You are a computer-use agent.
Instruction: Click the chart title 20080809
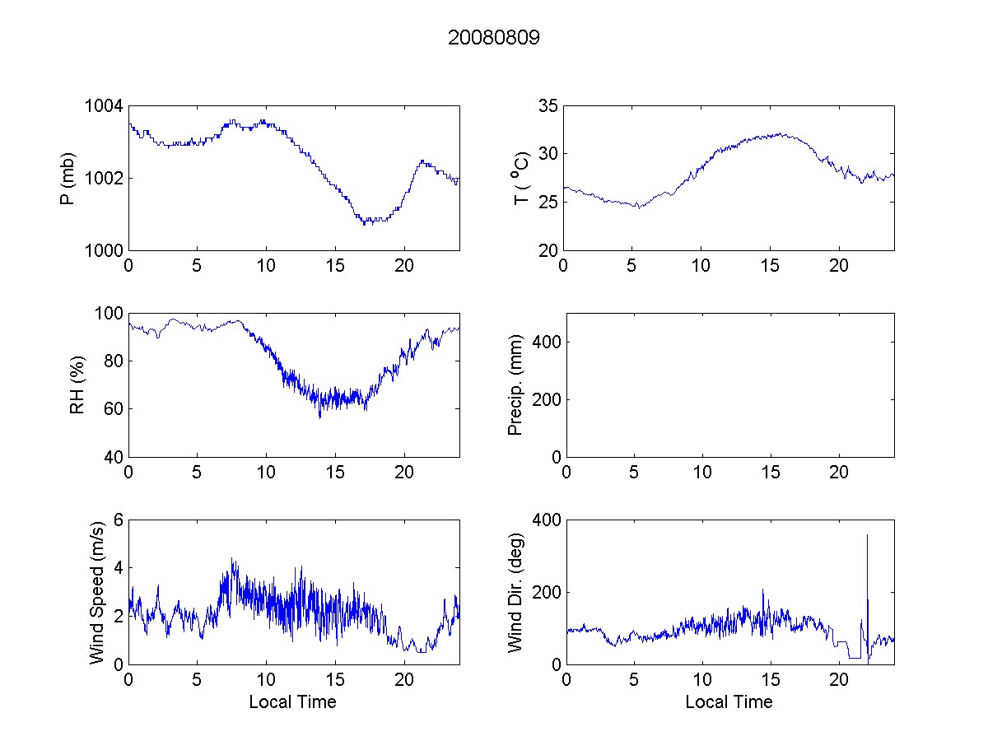pyautogui.click(x=493, y=38)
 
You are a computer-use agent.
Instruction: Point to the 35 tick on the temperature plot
pyautogui.click(x=548, y=106)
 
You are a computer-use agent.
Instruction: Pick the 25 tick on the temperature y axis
pyautogui.click(x=548, y=202)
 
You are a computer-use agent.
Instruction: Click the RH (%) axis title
pyautogui.click(x=78, y=385)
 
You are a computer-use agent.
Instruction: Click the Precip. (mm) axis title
pyautogui.click(x=515, y=385)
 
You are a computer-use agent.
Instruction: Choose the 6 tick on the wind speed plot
pyautogui.click(x=118, y=520)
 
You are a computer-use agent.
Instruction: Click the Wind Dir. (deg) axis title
pyautogui.click(x=515, y=592)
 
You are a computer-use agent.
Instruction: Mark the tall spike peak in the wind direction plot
pyautogui.click(x=867, y=535)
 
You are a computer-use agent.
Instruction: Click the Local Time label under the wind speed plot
pyautogui.click(x=292, y=702)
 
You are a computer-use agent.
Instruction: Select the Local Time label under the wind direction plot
pyautogui.click(x=729, y=702)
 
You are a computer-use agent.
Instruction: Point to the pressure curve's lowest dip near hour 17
pyautogui.click(x=365, y=223)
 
